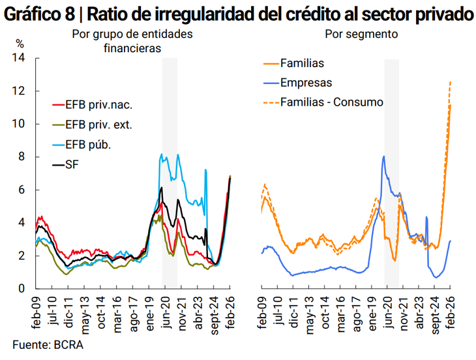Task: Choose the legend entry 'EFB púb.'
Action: click(89, 145)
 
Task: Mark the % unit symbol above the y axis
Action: click(20, 44)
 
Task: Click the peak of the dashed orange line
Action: click(450, 82)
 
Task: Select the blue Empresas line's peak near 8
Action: click(384, 156)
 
